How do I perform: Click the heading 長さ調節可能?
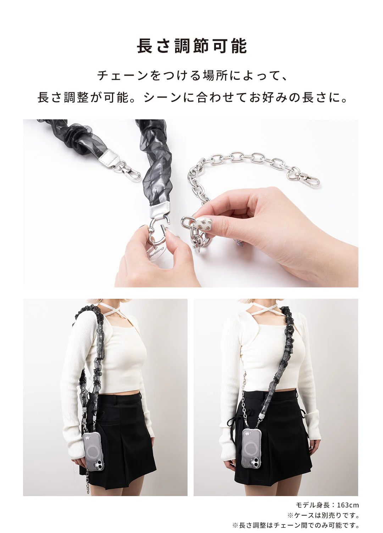(x=191, y=46)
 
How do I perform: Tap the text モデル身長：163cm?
(x=327, y=505)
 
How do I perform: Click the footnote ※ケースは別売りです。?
(x=323, y=515)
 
